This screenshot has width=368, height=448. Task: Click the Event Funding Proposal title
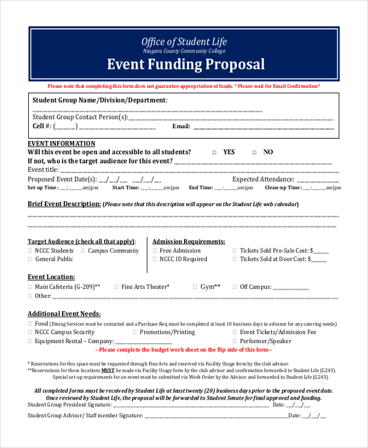click(x=186, y=64)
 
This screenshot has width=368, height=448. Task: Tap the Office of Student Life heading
click(x=184, y=42)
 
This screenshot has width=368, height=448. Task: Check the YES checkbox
click(x=214, y=152)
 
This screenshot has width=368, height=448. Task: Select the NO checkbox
click(x=254, y=152)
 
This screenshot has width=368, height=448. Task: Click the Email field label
click(x=181, y=126)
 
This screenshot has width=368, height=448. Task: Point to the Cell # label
click(x=42, y=126)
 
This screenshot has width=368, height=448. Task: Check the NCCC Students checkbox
click(x=30, y=251)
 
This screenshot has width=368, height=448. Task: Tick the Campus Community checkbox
click(x=83, y=251)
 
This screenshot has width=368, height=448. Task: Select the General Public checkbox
click(x=30, y=260)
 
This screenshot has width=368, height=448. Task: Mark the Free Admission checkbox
click(x=154, y=251)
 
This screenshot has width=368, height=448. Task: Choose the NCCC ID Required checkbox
click(x=154, y=260)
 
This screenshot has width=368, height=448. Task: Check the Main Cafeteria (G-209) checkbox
click(x=30, y=287)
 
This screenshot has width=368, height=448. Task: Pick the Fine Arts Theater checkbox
click(x=117, y=287)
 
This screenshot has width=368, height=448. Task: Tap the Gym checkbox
click(x=195, y=287)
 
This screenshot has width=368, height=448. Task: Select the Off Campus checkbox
click(x=234, y=287)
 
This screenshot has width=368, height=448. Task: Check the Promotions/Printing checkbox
click(x=135, y=332)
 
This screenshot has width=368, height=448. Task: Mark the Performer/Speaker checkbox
click(x=234, y=341)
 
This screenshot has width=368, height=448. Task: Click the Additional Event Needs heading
click(x=64, y=314)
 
